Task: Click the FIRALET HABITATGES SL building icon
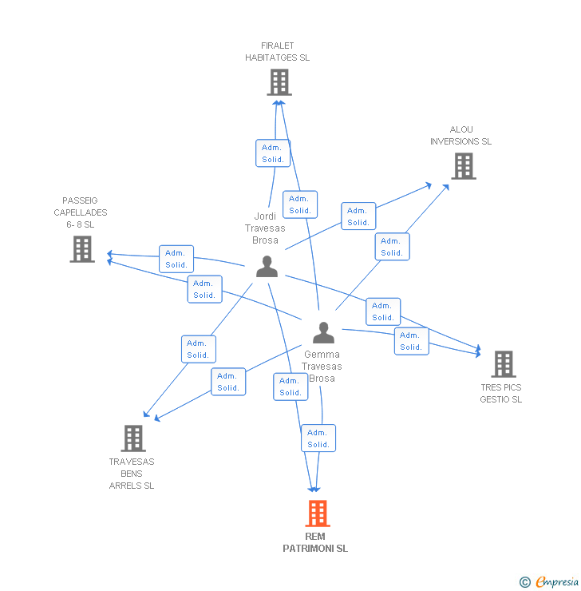pos(279,82)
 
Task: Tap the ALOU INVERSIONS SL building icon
pos(463,166)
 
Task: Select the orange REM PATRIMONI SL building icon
pos(318,514)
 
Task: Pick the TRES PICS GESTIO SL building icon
pos(503,364)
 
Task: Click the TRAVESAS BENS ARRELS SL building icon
pos(132,438)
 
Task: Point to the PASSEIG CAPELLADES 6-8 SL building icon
pos(81,249)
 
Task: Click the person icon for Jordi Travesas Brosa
pos(267,266)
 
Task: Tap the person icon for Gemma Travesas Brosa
pos(322,332)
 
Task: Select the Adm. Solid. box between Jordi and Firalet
pos(273,153)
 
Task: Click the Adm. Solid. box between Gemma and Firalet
pos(300,204)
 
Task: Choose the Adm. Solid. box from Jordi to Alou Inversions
pos(358,216)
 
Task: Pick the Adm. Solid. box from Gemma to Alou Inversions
pos(392,247)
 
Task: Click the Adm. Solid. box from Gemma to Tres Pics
pos(411,341)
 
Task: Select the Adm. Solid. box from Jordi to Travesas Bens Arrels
pos(198,349)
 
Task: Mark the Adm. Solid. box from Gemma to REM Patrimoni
pos(318,438)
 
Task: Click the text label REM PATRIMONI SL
pos(315,542)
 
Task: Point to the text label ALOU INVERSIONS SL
pos(460,136)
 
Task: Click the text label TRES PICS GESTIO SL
pos(501,394)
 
